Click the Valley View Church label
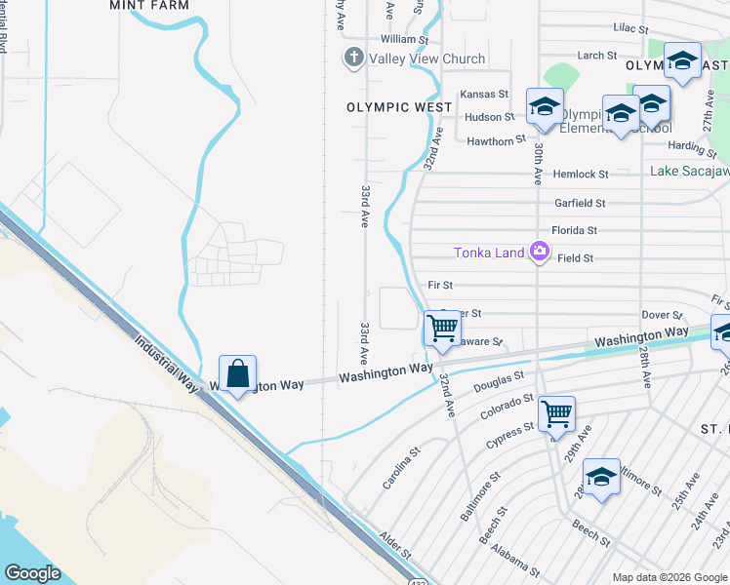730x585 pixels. coord(426,58)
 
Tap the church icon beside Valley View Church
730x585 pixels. coord(353,58)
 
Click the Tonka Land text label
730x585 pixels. coord(489,253)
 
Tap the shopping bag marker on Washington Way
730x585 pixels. coord(237,373)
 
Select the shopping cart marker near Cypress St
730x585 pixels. coord(555,413)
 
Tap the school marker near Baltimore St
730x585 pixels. coord(602,477)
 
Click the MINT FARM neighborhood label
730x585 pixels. coord(149,5)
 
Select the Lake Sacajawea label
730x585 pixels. coord(689,172)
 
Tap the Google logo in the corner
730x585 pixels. coord(32,573)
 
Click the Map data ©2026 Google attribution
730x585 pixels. coord(669,577)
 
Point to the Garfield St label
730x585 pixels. coord(580,203)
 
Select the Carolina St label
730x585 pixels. coord(401,468)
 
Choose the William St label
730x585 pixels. coord(404,39)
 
